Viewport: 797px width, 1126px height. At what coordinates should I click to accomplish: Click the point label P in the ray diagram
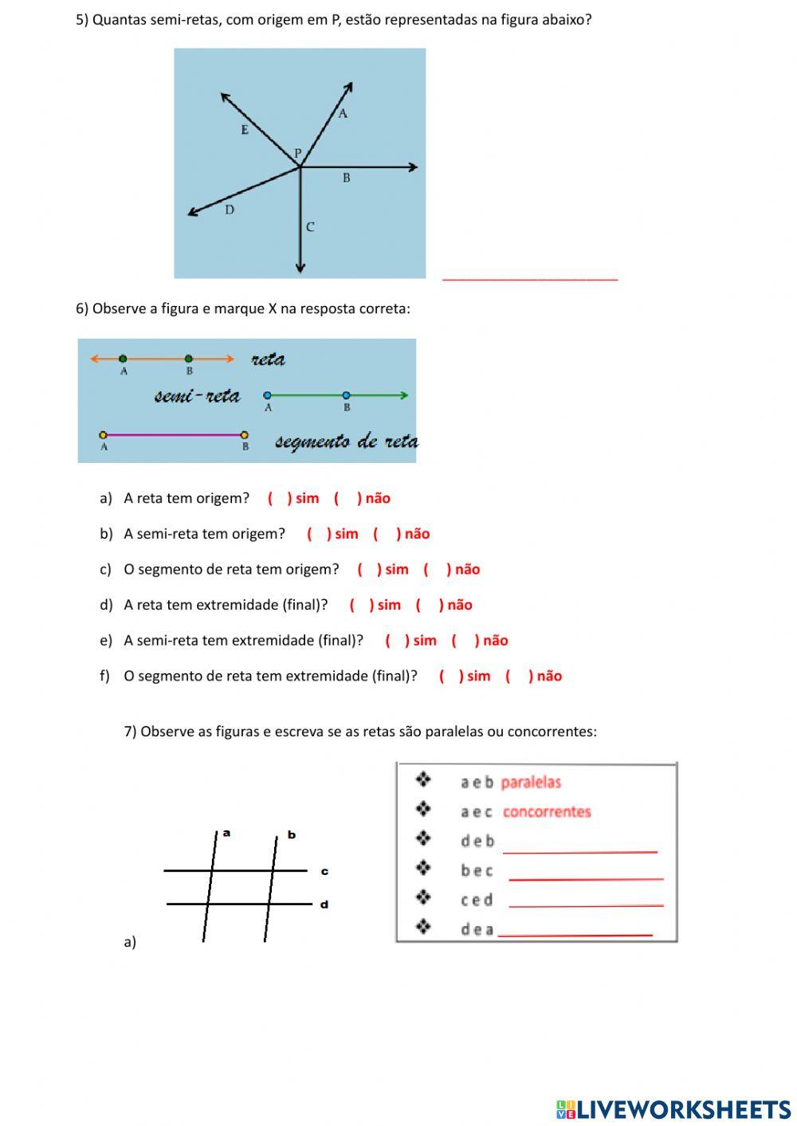tap(298, 153)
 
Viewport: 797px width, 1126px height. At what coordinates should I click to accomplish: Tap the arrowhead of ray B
tap(413, 167)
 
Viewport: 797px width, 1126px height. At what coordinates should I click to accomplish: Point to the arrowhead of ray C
tap(300, 269)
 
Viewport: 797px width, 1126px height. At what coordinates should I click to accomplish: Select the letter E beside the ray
tap(245, 130)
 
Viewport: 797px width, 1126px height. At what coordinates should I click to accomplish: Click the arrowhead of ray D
tap(192, 213)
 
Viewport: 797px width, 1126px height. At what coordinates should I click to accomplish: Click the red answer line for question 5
tap(530, 277)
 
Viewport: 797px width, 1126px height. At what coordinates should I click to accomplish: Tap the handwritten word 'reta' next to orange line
tap(268, 359)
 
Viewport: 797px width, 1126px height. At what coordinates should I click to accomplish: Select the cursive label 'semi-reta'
tap(197, 396)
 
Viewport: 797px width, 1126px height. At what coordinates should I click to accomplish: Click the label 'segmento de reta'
tap(346, 441)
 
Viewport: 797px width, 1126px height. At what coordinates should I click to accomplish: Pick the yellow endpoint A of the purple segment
tap(104, 435)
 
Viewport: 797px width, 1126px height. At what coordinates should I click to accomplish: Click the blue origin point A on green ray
tap(267, 395)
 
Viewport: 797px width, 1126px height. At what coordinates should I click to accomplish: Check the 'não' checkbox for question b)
tap(387, 534)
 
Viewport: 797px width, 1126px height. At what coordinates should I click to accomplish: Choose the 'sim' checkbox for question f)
tap(450, 677)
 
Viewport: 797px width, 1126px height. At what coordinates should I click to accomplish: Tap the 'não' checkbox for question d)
tap(429, 606)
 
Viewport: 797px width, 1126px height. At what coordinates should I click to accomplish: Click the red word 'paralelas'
tap(531, 783)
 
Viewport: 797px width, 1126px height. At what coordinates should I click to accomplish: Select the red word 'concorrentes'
tap(547, 812)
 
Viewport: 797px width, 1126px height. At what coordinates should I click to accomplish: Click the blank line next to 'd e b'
tap(579, 847)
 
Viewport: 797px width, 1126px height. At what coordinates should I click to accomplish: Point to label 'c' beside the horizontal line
tap(324, 872)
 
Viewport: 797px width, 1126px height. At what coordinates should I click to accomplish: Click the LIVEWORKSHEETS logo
tap(673, 1109)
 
